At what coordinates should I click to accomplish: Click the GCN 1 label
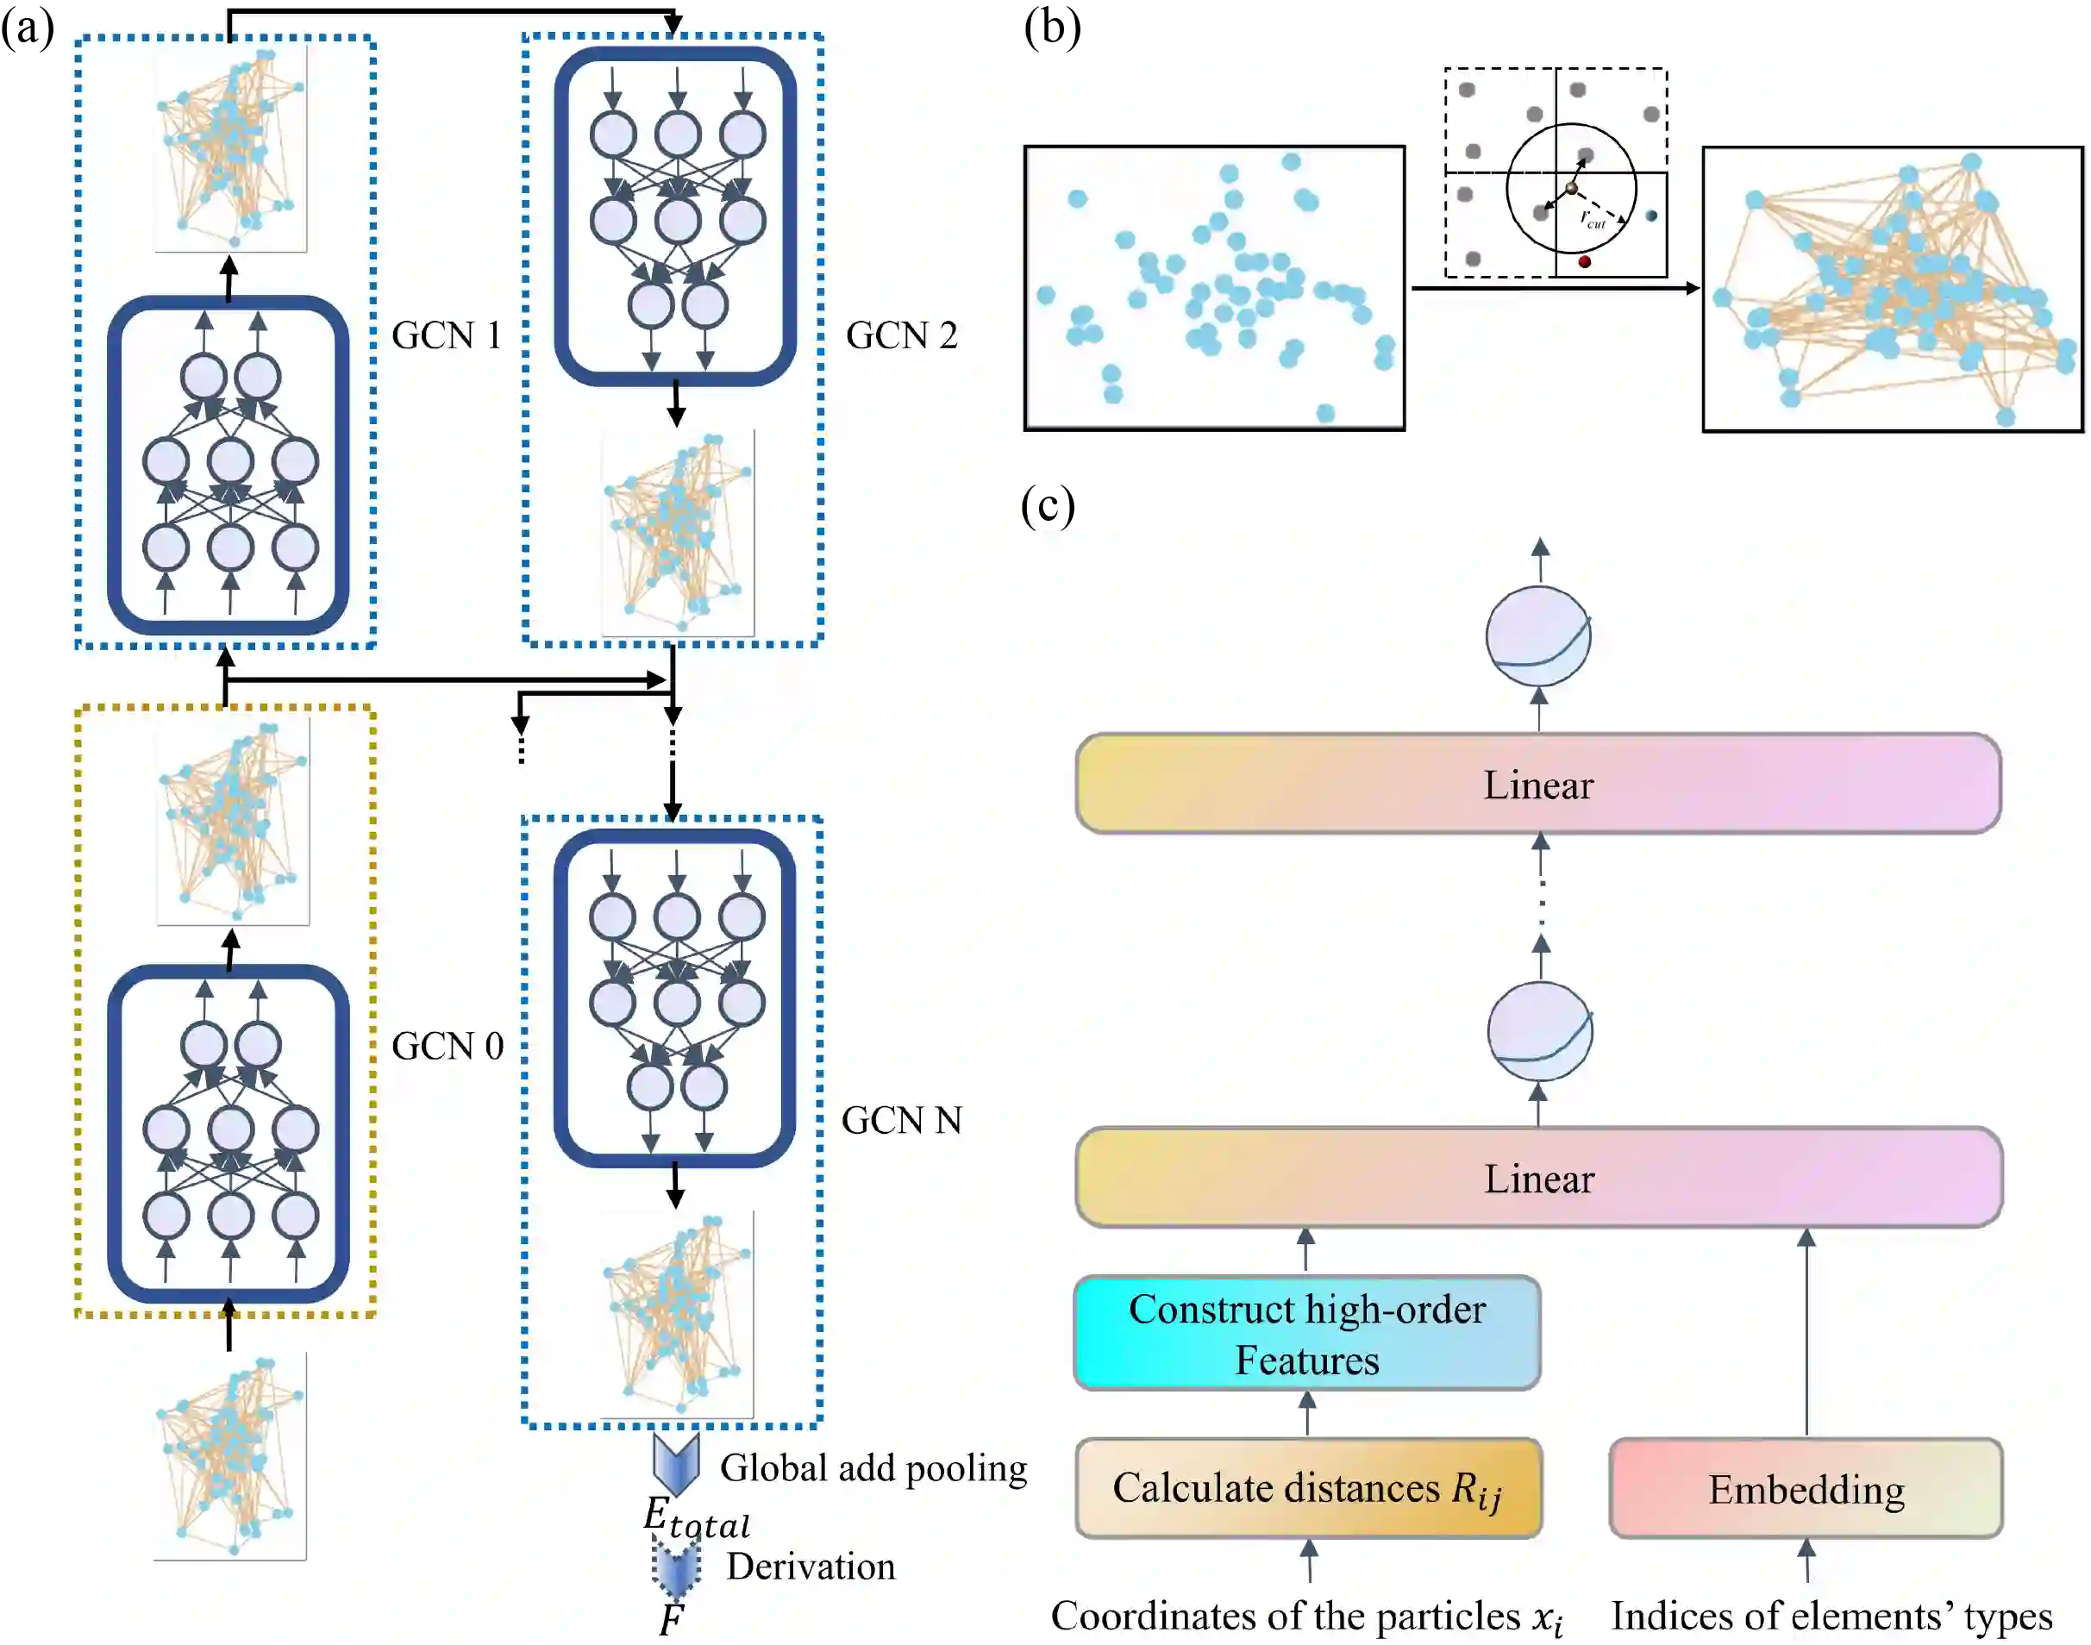point(446,335)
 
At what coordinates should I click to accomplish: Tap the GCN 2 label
point(900,335)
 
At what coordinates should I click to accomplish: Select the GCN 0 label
point(447,1046)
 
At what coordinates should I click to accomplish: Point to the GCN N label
point(900,1120)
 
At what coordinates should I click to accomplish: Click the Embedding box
point(1805,1489)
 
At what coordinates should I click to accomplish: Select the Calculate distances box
point(1307,1489)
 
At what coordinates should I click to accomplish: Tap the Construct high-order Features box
point(1306,1334)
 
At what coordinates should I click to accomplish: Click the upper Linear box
point(1537,784)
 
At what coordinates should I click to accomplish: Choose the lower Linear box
point(1538,1178)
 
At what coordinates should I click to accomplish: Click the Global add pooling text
point(873,1467)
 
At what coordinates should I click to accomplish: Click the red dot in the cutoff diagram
point(1584,261)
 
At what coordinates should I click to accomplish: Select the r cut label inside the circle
point(1592,220)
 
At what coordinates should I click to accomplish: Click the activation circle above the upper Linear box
point(1537,636)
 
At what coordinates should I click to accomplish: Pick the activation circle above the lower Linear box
point(1539,1031)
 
